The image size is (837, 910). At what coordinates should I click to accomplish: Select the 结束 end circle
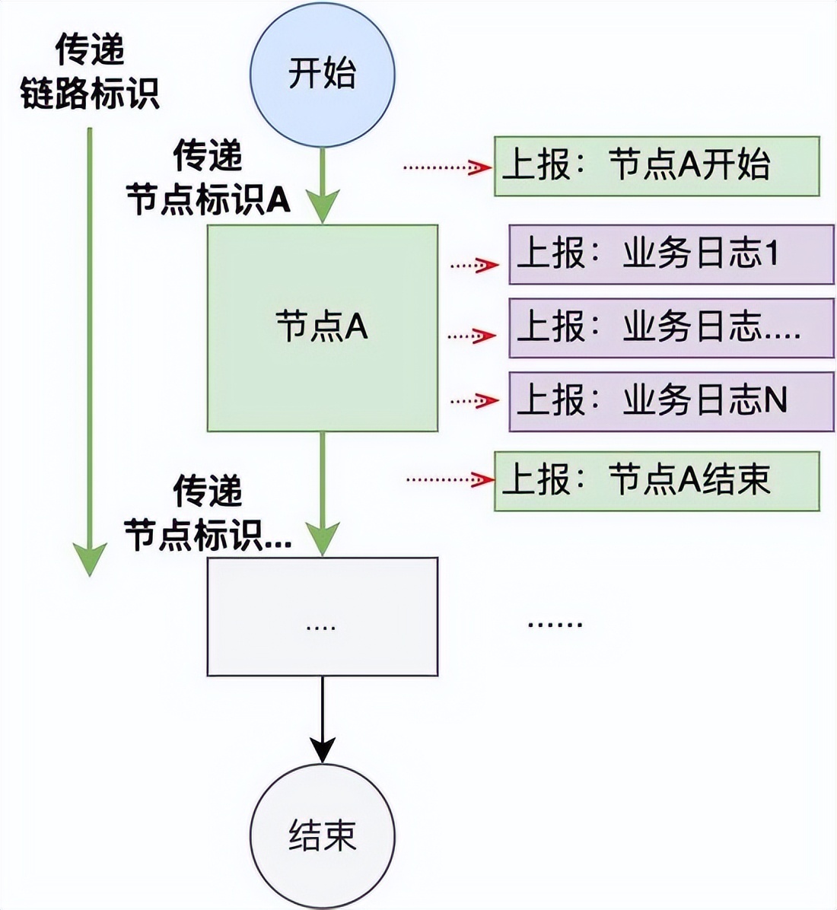323,835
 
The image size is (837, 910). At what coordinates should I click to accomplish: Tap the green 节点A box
323,328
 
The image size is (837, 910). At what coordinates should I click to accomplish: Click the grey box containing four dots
323,616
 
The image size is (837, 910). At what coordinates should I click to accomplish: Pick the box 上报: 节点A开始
657,167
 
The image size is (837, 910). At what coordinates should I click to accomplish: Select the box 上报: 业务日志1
671,255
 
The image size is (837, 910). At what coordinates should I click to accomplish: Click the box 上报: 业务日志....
671,328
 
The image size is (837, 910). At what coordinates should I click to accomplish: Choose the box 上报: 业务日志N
671,402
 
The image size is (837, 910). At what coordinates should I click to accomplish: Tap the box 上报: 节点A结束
657,481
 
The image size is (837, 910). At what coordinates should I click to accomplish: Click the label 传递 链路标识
90,74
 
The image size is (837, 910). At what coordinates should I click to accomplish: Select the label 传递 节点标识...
208,513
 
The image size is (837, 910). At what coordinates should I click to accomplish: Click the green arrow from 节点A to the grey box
323,495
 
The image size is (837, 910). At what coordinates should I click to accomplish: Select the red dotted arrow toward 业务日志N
474,400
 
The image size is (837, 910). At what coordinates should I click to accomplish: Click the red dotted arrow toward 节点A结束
449,479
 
